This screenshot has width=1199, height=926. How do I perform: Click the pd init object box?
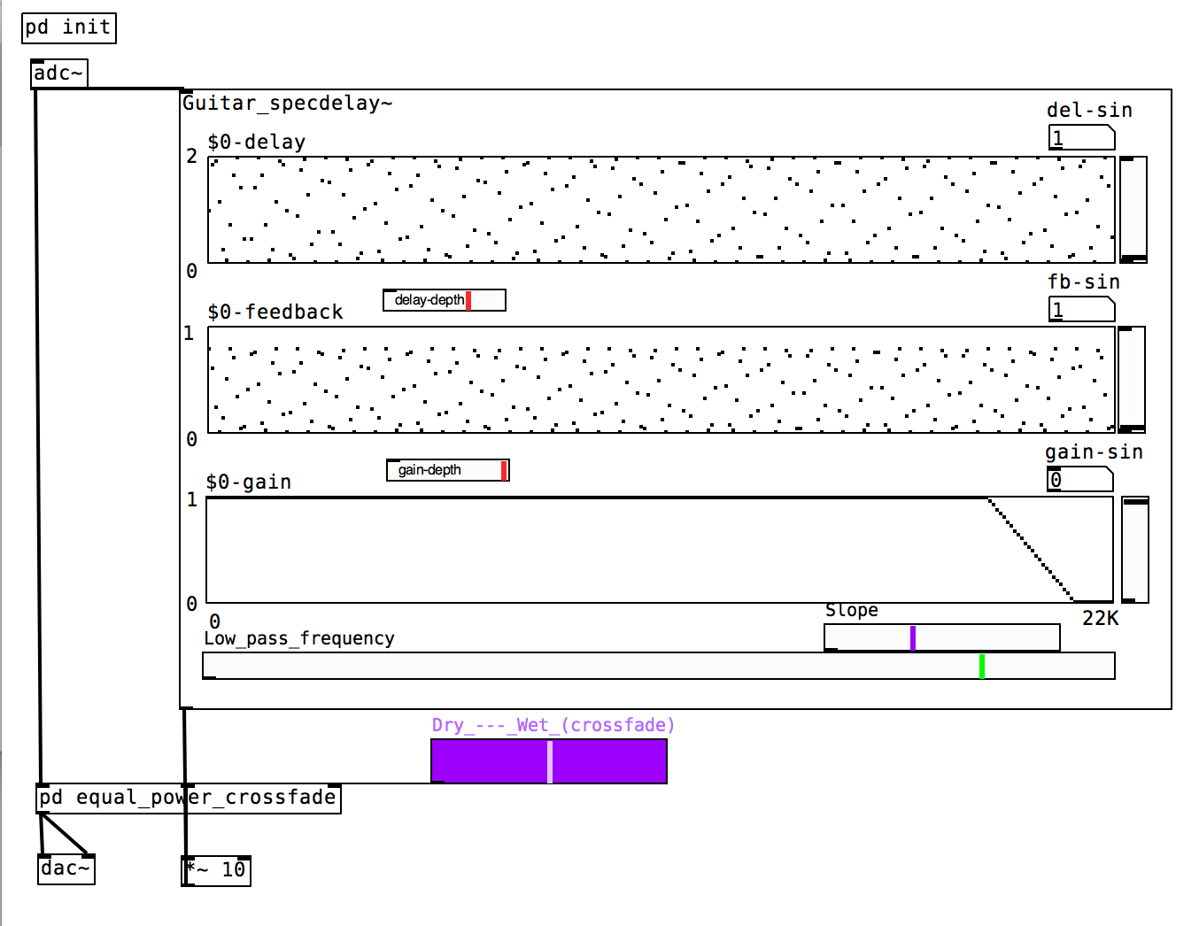(x=68, y=27)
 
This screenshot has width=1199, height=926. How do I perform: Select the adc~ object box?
(x=58, y=73)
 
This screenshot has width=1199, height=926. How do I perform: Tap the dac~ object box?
(x=66, y=868)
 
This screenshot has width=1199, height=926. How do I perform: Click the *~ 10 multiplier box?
(x=216, y=870)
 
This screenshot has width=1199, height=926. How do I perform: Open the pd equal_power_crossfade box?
(x=189, y=798)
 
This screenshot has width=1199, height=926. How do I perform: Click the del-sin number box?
(x=1081, y=138)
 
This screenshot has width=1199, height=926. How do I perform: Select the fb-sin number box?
(x=1081, y=310)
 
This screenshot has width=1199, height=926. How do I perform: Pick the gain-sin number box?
(x=1079, y=480)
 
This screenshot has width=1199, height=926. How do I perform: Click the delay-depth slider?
(x=444, y=300)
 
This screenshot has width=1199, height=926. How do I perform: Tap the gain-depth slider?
(x=447, y=470)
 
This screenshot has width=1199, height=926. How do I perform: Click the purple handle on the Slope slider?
(x=913, y=637)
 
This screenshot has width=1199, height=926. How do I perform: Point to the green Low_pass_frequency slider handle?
(x=982, y=666)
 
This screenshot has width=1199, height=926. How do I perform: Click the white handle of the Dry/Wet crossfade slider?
(x=550, y=761)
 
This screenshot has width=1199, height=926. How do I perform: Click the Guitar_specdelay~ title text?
(x=287, y=104)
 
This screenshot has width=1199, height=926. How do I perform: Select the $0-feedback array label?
(x=275, y=313)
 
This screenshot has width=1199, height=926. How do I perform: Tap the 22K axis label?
(x=1101, y=619)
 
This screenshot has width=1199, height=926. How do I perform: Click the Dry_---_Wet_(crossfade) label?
(x=553, y=726)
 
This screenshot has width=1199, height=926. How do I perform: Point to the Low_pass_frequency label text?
(x=299, y=638)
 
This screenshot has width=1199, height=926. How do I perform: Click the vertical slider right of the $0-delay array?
(x=1133, y=209)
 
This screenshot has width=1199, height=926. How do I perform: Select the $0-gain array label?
(x=249, y=482)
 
